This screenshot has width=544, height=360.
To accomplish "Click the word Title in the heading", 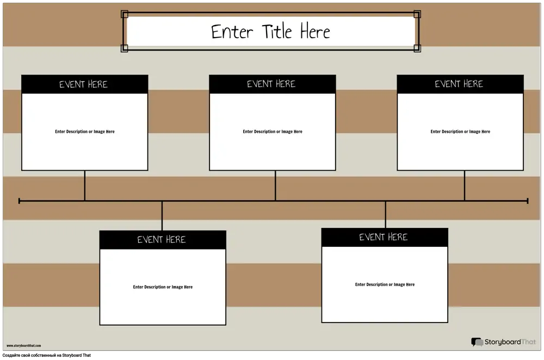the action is click(x=277, y=31).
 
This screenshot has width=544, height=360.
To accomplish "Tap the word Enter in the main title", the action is click(x=232, y=32).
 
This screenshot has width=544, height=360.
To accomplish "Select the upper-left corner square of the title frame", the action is click(x=125, y=14).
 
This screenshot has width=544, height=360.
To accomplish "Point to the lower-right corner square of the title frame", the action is click(x=417, y=48).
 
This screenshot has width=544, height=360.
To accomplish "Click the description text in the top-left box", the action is click(x=85, y=132).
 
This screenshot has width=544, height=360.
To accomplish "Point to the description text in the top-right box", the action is click(x=460, y=132).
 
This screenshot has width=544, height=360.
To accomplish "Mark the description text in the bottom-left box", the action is click(x=163, y=287).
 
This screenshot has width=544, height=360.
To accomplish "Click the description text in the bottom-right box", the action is click(x=385, y=284).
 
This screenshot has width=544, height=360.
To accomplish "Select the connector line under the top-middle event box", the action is click(x=275, y=185).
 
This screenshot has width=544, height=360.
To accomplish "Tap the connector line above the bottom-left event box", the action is click(x=162, y=216).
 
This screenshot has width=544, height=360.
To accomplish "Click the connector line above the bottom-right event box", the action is click(x=386, y=215).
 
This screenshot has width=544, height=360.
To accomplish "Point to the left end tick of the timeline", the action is click(x=19, y=201).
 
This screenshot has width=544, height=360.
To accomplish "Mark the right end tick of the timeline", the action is click(x=528, y=201).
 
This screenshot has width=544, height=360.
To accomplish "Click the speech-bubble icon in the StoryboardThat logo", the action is click(x=477, y=342).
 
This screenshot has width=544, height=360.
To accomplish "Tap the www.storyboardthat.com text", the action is click(x=23, y=346).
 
